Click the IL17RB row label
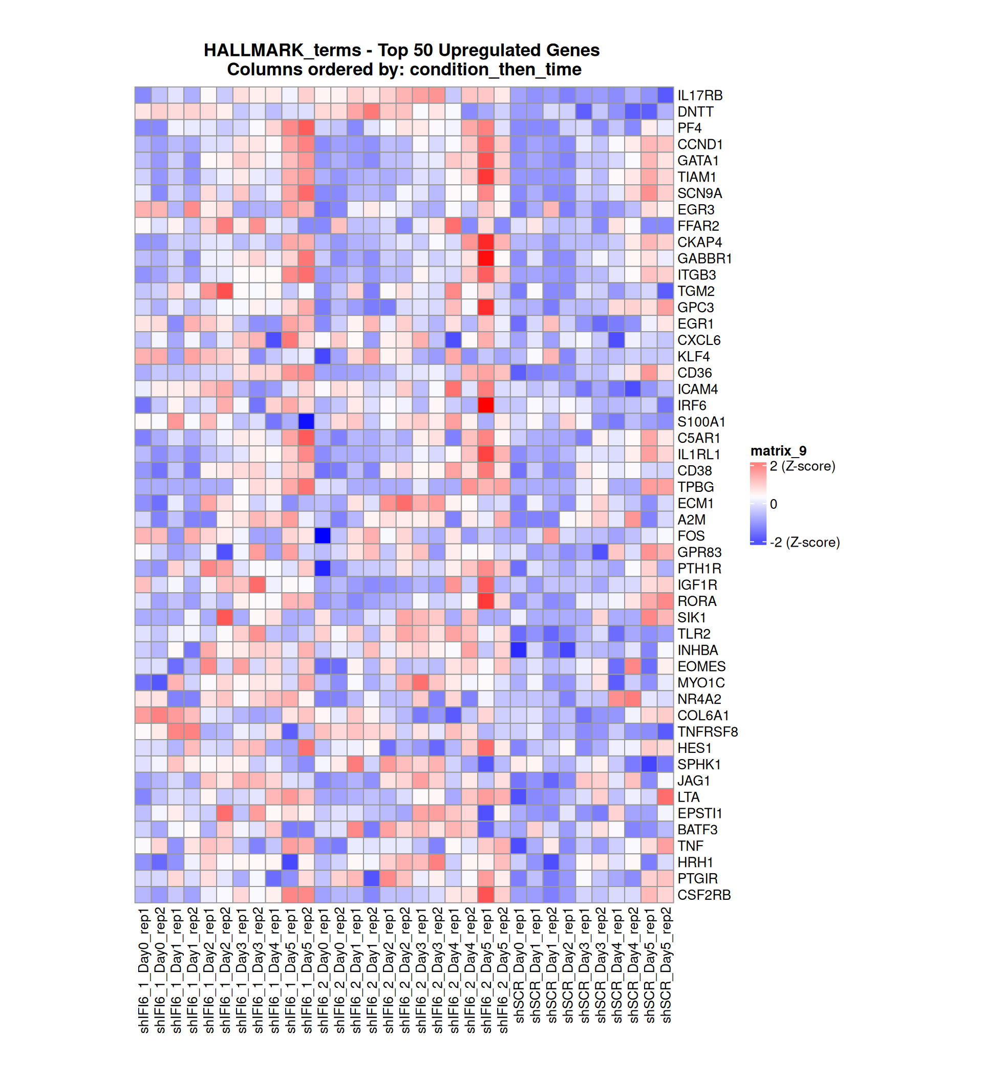(x=699, y=95)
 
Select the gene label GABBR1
(x=704, y=258)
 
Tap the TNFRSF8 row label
(x=708, y=731)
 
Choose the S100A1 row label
(x=701, y=422)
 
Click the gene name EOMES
(x=701, y=666)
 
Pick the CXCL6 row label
(x=698, y=340)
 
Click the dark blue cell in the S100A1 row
(x=306, y=421)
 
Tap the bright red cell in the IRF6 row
(x=485, y=405)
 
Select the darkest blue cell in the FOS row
(x=323, y=536)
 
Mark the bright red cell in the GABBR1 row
(x=485, y=258)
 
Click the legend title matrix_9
(x=778, y=450)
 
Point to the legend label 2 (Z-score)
(x=802, y=466)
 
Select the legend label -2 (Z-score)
(x=804, y=542)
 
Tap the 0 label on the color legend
(x=773, y=504)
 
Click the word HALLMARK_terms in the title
(x=282, y=50)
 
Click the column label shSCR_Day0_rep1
(x=519, y=965)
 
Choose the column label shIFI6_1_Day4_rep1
(x=273, y=970)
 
